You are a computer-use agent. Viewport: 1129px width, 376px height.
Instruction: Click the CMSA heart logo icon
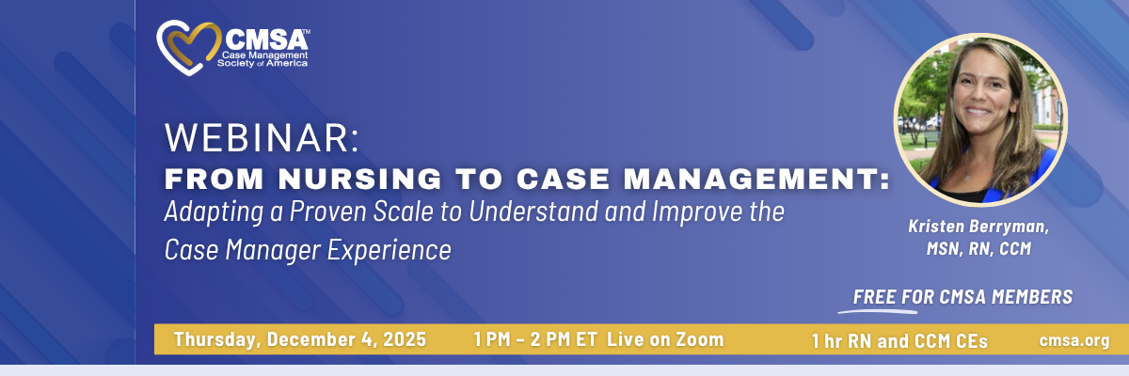point(188,47)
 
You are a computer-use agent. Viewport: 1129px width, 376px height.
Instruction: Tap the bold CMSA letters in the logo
point(265,39)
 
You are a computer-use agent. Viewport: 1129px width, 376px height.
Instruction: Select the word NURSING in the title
point(359,180)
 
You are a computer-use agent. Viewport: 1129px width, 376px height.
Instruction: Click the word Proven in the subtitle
point(327,211)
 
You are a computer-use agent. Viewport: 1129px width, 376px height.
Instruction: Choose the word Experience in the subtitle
point(390,250)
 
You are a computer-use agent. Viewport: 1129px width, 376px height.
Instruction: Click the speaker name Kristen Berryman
point(978,227)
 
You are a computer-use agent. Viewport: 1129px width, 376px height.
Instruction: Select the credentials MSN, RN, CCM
point(978,249)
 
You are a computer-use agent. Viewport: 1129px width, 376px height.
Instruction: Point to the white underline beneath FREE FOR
point(878,311)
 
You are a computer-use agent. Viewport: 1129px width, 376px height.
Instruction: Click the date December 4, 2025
point(346,339)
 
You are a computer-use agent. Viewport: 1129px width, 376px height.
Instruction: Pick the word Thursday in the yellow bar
point(216,339)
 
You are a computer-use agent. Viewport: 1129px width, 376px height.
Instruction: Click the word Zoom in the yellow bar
point(700,339)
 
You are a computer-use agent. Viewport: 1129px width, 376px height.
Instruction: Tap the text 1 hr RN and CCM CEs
point(899,341)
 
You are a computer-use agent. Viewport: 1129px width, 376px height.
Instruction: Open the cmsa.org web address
point(1074,341)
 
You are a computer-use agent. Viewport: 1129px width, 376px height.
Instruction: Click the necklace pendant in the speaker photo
point(967,177)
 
